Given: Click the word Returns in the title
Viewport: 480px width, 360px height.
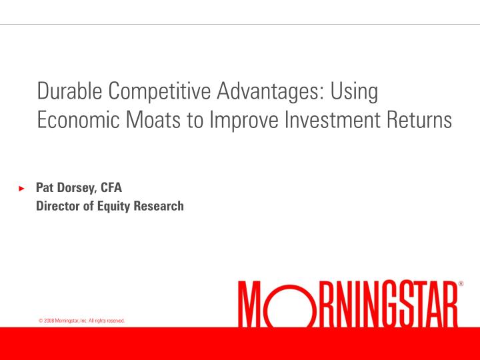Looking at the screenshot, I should pos(417,121).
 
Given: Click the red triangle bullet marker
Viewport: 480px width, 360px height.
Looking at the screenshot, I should pos(21,189).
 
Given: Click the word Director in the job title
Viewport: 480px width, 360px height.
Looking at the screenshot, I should pos(59,206).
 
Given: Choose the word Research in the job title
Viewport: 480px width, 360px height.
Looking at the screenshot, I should pos(160,206).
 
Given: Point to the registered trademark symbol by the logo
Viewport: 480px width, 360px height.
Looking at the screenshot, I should pos(461,284).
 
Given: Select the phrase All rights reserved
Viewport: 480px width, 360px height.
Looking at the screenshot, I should pos(107,321).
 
